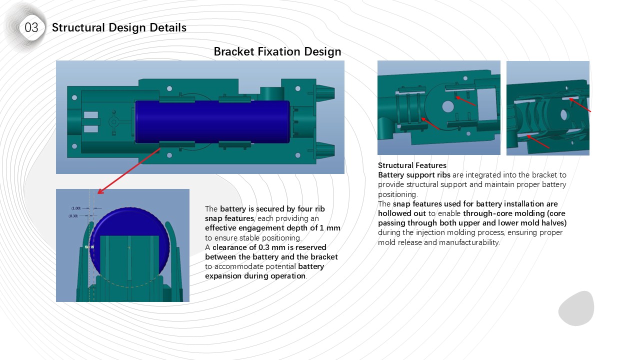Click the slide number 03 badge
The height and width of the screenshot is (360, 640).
(31, 28)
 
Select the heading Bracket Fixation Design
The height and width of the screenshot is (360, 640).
(277, 51)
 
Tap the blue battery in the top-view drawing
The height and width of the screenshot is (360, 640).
(212, 121)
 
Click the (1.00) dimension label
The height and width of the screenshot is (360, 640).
(76, 208)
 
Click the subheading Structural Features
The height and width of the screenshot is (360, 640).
(412, 165)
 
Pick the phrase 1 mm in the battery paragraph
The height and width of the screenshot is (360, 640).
(330, 227)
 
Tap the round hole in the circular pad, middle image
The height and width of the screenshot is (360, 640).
(448, 106)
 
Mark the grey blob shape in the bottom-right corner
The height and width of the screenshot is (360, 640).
(576, 308)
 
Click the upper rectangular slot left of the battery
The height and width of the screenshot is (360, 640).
(90, 115)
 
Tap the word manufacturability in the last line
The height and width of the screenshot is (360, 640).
(470, 242)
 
